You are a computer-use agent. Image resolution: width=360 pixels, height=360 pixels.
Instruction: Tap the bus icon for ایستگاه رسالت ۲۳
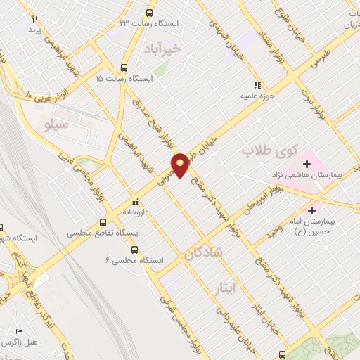point(149,13)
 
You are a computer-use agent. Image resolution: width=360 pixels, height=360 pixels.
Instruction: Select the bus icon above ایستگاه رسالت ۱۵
point(124,68)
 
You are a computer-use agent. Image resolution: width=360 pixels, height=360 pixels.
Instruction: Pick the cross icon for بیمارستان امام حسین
point(311,210)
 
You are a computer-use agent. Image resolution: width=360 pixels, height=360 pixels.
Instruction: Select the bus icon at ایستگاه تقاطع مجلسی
point(107,219)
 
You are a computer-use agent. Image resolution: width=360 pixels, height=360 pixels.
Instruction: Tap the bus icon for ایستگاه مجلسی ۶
point(134,250)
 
